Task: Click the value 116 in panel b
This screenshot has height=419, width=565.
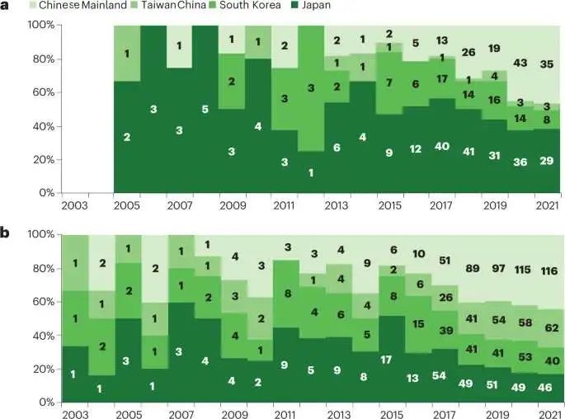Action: [x=547, y=271]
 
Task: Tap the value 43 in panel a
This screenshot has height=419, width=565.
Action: [x=520, y=63]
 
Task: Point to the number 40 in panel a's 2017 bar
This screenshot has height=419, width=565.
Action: [x=442, y=145]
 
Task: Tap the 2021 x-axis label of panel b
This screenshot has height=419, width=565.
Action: [x=547, y=412]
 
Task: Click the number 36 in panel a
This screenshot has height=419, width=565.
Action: [x=520, y=162]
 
